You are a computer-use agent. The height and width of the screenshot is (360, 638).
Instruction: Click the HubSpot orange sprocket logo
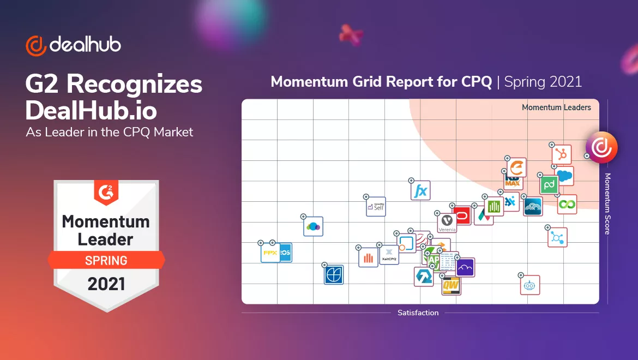[562, 154]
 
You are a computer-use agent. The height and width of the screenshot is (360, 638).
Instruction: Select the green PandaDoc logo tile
[549, 185]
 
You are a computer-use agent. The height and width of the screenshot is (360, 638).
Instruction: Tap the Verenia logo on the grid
[447, 223]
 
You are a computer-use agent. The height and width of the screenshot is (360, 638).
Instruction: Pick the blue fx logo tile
[420, 191]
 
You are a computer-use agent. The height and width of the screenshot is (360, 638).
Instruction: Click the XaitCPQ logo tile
[389, 254]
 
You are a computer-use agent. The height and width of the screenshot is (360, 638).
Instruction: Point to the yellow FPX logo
[270, 253]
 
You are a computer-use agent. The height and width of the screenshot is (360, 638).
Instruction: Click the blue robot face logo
[529, 285]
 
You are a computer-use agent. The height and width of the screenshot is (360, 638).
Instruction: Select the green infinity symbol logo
[567, 205]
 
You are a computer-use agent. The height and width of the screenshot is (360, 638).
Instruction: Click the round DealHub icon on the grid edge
[601, 147]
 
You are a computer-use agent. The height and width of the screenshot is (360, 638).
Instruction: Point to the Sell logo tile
[376, 207]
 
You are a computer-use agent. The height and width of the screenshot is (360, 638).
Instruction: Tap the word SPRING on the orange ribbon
[106, 260]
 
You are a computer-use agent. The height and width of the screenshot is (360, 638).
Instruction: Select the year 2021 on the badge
[106, 284]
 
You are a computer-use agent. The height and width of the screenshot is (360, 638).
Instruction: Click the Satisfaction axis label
[418, 313]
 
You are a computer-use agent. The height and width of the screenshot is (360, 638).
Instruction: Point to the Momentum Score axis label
[607, 204]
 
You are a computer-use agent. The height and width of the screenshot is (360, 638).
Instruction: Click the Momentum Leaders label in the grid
[556, 107]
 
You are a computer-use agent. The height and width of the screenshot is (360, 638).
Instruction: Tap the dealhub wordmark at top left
[85, 45]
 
